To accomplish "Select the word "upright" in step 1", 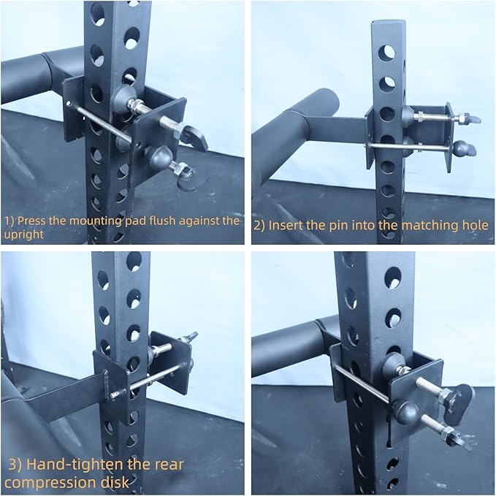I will coord(24,234).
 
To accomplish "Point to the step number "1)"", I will coord(9,219).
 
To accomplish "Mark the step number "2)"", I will coord(259,225).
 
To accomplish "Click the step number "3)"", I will coord(15,464).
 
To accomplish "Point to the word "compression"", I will coord(47,482).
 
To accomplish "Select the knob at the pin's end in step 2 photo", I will coord(461,148).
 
